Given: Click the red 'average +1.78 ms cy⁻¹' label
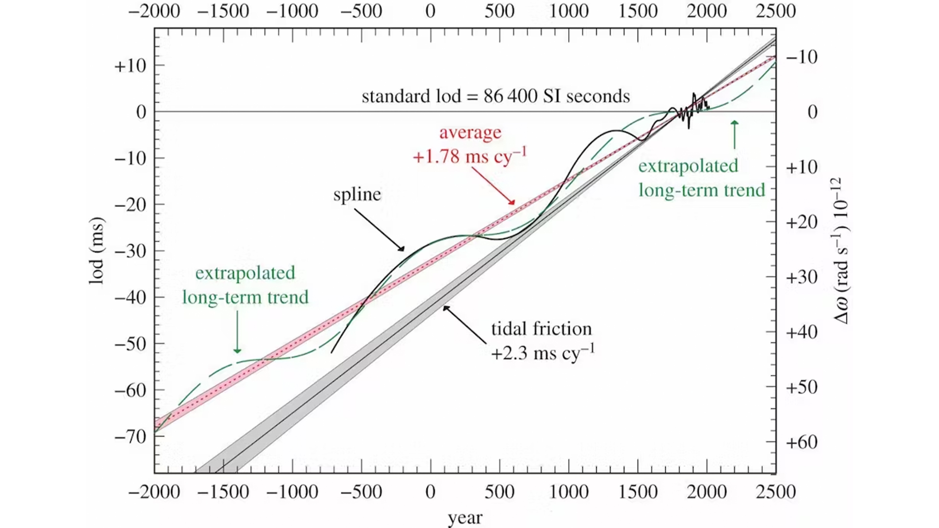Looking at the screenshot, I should (x=470, y=145).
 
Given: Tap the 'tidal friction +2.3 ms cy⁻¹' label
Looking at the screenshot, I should (x=542, y=341).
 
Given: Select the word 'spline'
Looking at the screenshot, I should (x=357, y=195).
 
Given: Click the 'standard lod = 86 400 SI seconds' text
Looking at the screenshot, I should (x=495, y=96).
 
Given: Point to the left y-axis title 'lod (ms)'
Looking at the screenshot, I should (x=97, y=251).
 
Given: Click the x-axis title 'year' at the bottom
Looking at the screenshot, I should (x=465, y=517).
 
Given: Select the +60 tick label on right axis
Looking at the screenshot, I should (x=802, y=442).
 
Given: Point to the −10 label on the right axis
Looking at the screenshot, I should (x=802, y=57).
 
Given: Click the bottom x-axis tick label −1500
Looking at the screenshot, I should (x=223, y=491).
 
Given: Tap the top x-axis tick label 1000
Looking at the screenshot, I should (x=568, y=11).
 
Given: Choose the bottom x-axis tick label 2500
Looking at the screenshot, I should (x=776, y=491).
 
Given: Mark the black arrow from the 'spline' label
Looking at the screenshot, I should (x=380, y=230).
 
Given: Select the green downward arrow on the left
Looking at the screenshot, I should (x=237, y=332).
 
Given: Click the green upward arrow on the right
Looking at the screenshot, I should (x=734, y=134).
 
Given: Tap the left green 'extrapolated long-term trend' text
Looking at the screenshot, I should (x=246, y=285).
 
